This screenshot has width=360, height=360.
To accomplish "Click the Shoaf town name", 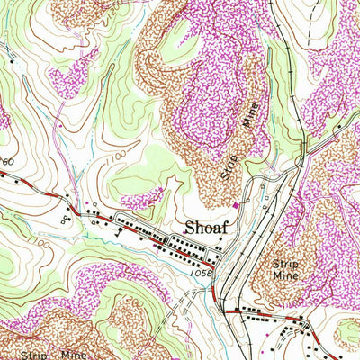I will click(x=205, y=227).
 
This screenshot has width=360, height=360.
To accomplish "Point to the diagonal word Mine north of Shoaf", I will click(x=249, y=114).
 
